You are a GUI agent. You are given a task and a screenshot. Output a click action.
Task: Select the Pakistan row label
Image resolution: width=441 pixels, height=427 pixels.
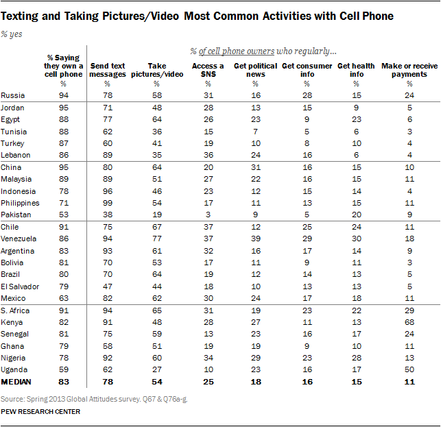[17, 214]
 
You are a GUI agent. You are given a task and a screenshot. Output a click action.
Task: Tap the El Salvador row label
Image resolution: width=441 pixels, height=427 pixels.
[21, 286]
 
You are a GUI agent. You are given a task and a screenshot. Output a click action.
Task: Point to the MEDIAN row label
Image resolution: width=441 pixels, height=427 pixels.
[19, 380]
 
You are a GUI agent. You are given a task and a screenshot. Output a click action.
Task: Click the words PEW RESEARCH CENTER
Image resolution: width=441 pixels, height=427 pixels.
[41, 411]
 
